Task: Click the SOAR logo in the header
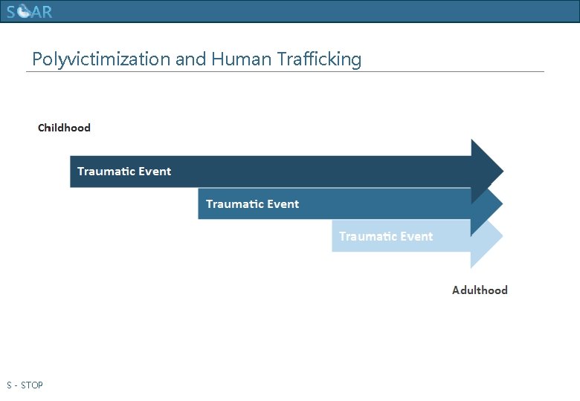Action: click(30, 12)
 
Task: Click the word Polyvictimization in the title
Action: click(101, 59)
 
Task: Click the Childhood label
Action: click(64, 128)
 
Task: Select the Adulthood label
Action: click(480, 290)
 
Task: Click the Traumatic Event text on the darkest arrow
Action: click(124, 172)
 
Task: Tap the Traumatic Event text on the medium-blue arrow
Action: click(252, 204)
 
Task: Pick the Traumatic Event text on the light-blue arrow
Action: click(386, 237)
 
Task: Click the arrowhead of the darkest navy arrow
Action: click(486, 171)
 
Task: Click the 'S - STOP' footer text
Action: click(25, 385)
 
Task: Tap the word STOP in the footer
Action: click(32, 385)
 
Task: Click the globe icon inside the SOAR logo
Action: click(25, 12)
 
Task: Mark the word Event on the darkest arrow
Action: click(155, 172)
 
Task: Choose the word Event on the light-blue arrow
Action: click(416, 237)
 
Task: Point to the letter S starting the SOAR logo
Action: click(12, 12)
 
